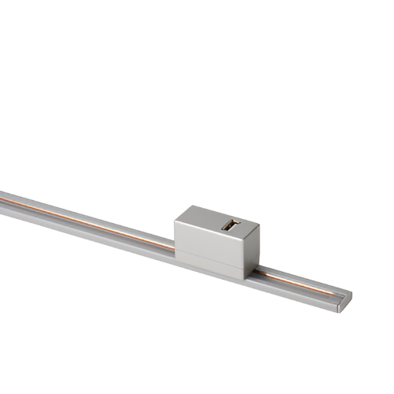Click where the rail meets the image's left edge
click(2, 199)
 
